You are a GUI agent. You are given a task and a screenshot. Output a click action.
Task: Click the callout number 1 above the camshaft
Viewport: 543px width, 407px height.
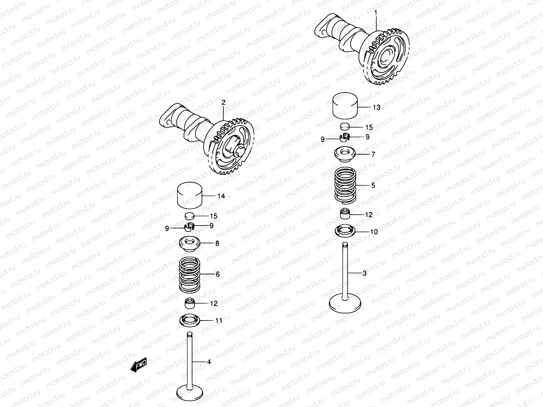coord(376,13)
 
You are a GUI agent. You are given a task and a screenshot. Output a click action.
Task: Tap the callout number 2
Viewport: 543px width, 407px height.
coord(223,102)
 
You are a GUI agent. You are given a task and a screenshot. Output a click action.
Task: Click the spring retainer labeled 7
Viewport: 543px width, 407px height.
coord(345,155)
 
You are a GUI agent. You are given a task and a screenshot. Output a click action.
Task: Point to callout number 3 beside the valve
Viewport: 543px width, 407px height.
coord(365,273)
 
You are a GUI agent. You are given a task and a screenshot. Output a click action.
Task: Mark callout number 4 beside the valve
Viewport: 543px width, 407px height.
coord(209,362)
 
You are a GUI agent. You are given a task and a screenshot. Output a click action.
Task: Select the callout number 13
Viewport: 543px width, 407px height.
coord(376,108)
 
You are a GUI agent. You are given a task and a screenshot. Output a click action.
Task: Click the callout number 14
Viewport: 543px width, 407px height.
coord(221,196)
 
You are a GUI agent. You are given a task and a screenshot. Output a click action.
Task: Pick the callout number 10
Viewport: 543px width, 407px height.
coord(374,232)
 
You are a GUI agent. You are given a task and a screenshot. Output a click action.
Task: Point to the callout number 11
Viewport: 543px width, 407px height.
coord(219,320)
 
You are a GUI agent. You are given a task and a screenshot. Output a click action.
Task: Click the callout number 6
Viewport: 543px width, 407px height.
coord(218,274)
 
